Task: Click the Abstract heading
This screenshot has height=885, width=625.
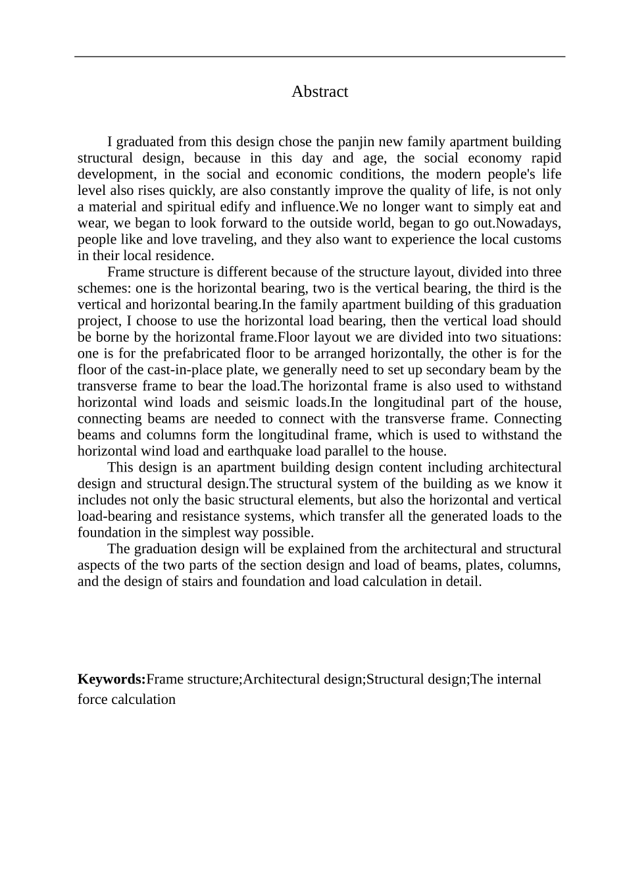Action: pos(320,92)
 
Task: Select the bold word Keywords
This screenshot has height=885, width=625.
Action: pos(111,679)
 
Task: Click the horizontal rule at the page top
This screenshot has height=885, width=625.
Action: pos(320,57)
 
